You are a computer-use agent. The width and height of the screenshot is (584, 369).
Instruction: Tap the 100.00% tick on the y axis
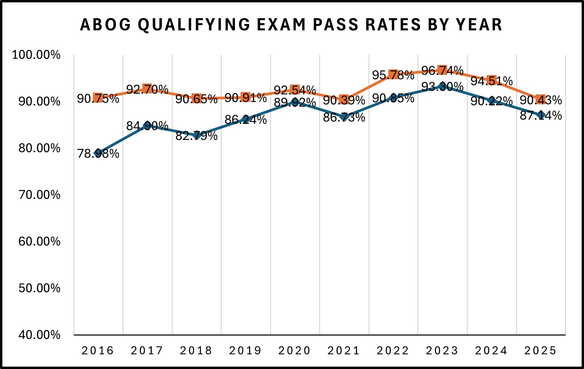(x=36, y=55)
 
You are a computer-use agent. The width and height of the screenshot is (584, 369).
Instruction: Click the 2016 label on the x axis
(x=98, y=351)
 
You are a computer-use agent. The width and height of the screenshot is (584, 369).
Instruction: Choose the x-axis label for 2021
(x=344, y=351)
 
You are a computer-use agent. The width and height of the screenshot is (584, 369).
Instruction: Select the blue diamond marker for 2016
(x=98, y=153)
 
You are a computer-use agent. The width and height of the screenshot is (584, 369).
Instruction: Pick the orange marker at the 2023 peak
(x=442, y=70)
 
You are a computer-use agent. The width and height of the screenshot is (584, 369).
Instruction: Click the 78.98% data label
(x=98, y=154)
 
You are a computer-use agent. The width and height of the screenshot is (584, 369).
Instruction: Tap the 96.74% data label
(x=442, y=71)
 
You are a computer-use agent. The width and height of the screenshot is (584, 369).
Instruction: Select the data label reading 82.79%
(x=196, y=136)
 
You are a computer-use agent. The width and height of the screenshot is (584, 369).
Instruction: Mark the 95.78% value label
(x=393, y=75)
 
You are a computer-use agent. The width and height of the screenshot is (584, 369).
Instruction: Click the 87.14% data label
(x=541, y=116)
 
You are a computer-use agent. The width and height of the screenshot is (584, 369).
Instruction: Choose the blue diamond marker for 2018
(x=196, y=135)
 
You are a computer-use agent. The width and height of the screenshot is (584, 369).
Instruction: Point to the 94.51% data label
(x=492, y=81)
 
